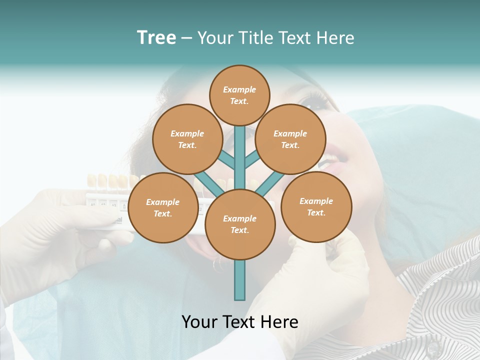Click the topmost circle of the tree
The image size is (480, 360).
239,95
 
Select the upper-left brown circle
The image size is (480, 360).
187,139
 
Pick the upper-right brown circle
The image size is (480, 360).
290,139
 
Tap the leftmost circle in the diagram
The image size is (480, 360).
162,208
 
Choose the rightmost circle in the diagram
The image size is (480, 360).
316,207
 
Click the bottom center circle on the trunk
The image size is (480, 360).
240,224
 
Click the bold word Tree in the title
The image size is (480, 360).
156,38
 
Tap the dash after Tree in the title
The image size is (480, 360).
187,38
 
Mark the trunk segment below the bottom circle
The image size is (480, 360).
240,280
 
